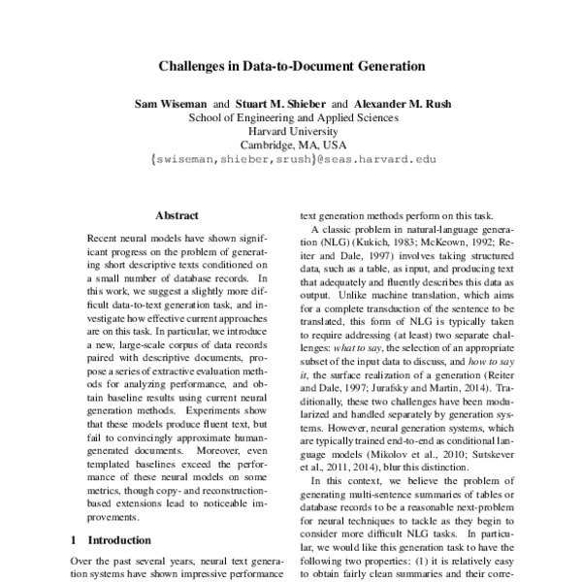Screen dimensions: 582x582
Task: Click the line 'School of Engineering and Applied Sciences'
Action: coord(292,117)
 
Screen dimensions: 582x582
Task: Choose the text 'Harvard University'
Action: coord(292,132)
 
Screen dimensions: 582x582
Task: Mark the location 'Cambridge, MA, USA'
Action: coord(292,146)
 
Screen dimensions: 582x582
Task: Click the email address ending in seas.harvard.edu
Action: coord(292,161)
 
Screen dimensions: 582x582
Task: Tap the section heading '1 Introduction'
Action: coord(109,539)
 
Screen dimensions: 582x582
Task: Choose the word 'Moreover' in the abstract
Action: coord(230,453)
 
